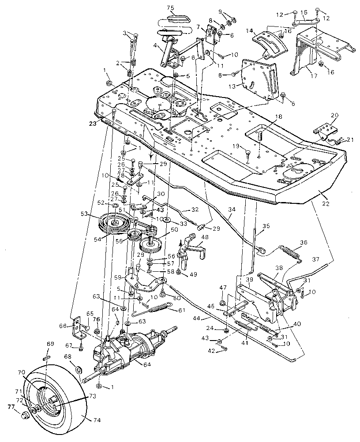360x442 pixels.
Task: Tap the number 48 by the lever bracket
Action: click(x=205, y=236)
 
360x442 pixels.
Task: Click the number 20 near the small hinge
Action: click(x=334, y=115)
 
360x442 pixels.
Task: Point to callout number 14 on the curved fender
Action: click(x=249, y=31)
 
